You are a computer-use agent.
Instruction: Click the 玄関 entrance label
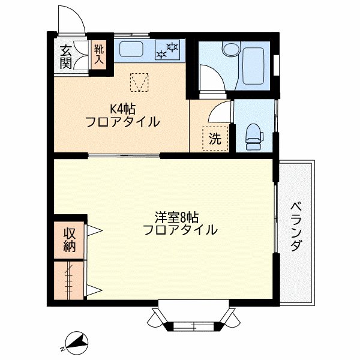tap(65, 58)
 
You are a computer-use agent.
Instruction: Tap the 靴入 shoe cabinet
tap(99, 55)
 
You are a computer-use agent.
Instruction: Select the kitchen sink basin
tap(131, 49)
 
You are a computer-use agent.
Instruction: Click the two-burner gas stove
tap(167, 50)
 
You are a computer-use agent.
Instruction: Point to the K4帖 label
tap(122, 109)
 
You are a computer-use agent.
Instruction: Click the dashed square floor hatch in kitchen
tap(139, 82)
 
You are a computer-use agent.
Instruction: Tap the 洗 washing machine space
tap(215, 139)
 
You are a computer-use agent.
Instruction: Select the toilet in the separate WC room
tap(254, 137)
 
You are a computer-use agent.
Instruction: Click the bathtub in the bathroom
tap(253, 66)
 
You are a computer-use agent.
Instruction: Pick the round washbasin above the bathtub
tap(231, 49)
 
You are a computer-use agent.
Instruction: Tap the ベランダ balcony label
tap(296, 227)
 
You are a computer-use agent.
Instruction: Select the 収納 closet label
tap(70, 240)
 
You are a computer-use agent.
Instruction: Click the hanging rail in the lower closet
tap(68, 282)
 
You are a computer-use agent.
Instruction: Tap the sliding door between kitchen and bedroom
tap(124, 155)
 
